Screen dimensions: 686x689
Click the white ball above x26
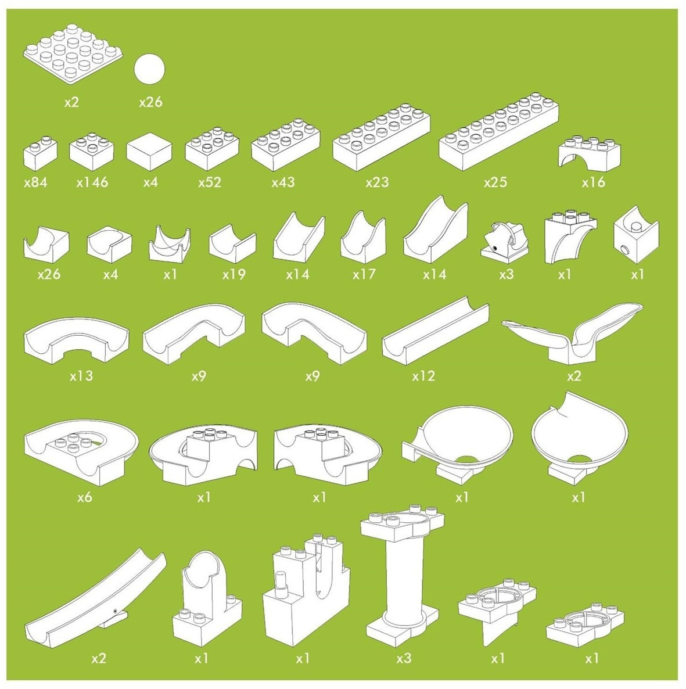[x=149, y=70]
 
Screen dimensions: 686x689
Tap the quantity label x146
[x=92, y=182]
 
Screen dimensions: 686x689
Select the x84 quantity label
[x=35, y=182]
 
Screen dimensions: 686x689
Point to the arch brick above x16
[x=590, y=152]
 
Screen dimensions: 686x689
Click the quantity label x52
[x=210, y=182]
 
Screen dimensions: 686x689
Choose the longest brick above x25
[x=499, y=132]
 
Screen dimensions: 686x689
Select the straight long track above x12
[x=436, y=331]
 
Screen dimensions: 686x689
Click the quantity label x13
[x=81, y=376]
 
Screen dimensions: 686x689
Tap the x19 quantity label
[x=234, y=275]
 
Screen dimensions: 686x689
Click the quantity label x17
[x=364, y=275]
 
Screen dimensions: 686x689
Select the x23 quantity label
[x=377, y=182]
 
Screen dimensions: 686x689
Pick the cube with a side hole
[x=637, y=235]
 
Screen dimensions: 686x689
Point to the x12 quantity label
[x=423, y=376]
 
